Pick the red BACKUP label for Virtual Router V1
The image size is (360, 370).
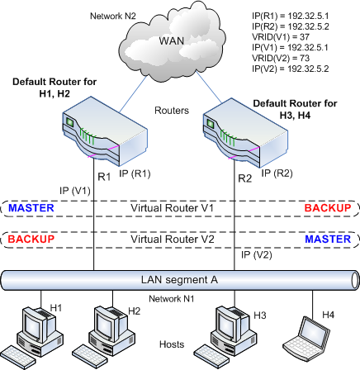click(x=329, y=207)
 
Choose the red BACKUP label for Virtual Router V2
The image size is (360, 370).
click(x=31, y=238)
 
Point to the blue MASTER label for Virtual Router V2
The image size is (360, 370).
click(x=329, y=238)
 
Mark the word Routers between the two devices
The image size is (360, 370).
click(x=172, y=109)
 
